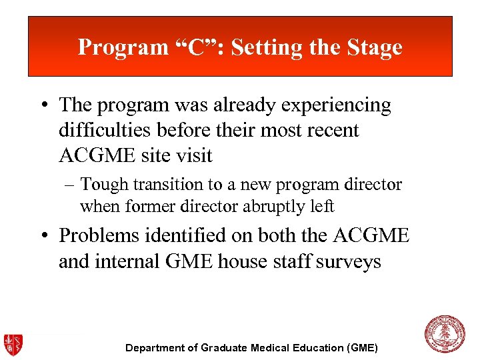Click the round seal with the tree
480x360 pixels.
tap(445, 335)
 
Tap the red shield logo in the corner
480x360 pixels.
tap(13, 345)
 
